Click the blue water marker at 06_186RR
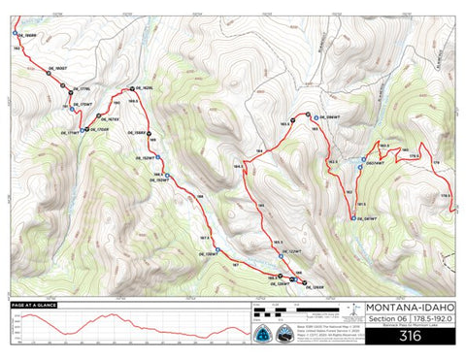pos(16,34)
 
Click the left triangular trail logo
pos(262,333)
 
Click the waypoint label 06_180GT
pos(58,70)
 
